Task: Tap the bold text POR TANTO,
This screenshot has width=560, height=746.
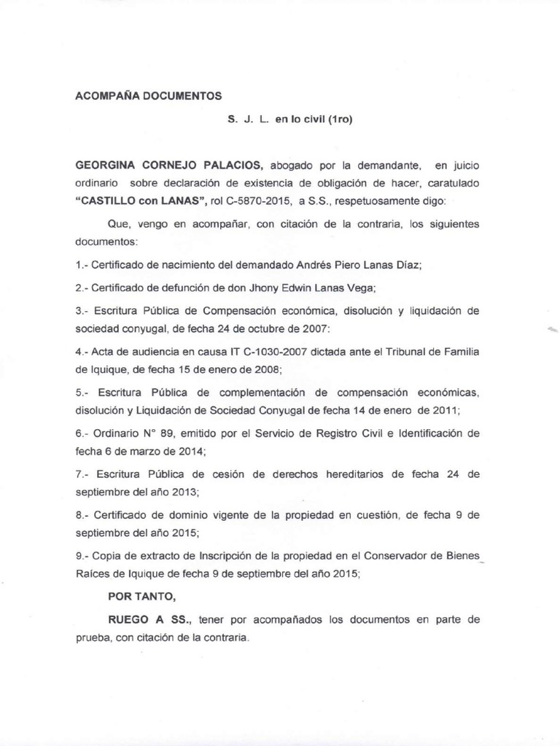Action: (141, 597)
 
